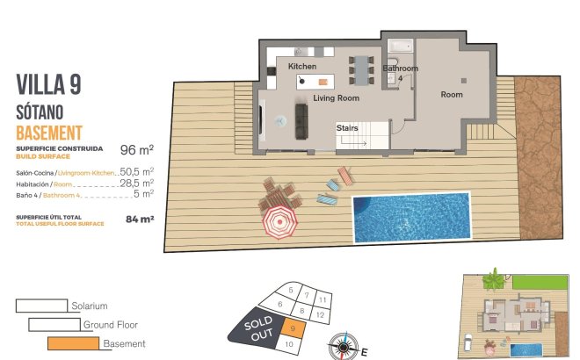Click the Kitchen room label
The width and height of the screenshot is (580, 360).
[x=302, y=67]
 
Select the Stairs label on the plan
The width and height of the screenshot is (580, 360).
[x=347, y=128]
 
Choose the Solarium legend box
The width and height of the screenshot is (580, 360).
[x=41, y=306]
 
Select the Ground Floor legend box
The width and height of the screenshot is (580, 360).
[x=54, y=325]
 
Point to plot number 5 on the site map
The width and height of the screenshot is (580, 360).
[x=291, y=290]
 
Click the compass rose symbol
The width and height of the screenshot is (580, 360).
[x=343, y=345]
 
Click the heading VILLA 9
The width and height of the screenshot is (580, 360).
[x=50, y=84]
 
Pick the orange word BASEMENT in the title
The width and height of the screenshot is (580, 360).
[x=49, y=133]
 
